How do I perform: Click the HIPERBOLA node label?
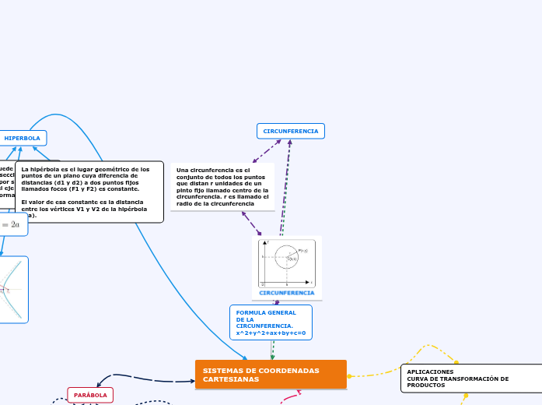click(x=23, y=138)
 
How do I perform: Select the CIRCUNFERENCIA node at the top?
click(x=290, y=131)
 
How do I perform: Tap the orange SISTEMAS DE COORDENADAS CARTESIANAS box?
click(x=271, y=375)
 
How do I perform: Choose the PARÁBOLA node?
click(x=90, y=396)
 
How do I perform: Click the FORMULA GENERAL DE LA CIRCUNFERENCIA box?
click(x=271, y=322)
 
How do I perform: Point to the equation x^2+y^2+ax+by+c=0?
click(x=271, y=333)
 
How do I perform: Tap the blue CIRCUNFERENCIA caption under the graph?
click(x=287, y=294)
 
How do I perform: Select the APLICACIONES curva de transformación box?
click(x=471, y=378)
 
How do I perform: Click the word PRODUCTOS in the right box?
click(x=426, y=385)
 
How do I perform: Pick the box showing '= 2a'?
click(x=14, y=224)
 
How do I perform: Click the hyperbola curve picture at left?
click(x=13, y=290)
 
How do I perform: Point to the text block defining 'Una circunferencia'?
click(x=222, y=187)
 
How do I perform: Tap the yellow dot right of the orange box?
click(x=349, y=376)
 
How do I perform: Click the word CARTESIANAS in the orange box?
click(x=231, y=379)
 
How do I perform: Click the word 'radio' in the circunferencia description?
click(x=185, y=203)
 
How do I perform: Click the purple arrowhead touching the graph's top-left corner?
click(x=259, y=233)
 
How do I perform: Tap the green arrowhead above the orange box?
click(x=272, y=357)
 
